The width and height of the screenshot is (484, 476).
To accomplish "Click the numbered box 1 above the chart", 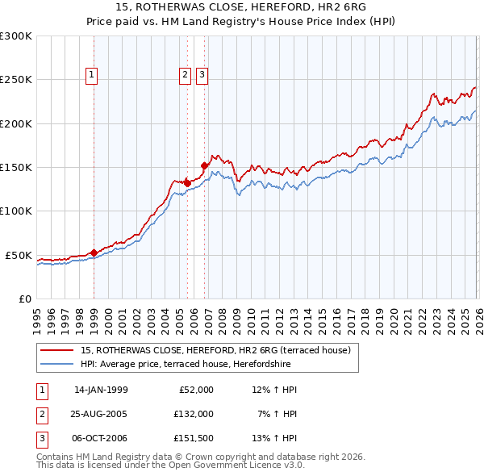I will coord(91,75).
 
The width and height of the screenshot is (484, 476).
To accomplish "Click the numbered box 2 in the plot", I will coord(185,75).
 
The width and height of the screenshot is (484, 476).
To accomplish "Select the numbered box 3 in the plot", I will coord(201,75).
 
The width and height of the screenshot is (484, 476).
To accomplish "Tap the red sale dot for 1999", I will coord(94,253).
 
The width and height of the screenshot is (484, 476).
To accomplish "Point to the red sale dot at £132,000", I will coord(187,183).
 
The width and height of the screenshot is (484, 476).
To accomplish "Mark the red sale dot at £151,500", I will coord(204,166).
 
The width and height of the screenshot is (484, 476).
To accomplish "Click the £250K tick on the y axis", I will coord(16,80).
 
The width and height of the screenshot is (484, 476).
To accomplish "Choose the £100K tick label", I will coord(16,211).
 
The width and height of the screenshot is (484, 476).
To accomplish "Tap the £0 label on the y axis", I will coord(25,299).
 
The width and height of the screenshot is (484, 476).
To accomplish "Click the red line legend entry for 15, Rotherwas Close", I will coord(215,350).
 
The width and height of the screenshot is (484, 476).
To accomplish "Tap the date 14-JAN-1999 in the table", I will coord(101,390).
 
